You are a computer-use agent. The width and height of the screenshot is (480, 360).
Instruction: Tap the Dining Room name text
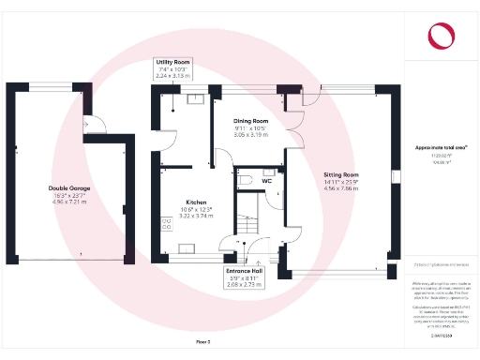pyautogui.click(x=250, y=121)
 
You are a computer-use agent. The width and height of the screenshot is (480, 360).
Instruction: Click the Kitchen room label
pyautogui.click(x=196, y=202)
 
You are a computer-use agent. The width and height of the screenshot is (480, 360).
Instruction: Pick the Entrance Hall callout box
pyautogui.click(x=243, y=277)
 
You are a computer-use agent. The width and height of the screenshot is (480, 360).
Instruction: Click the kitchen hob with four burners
pyautogui.click(x=168, y=223)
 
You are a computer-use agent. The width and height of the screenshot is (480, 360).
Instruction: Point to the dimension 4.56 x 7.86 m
pyautogui.click(x=341, y=188)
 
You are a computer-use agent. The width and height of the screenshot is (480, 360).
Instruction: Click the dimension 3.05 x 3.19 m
pyautogui.click(x=250, y=135)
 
